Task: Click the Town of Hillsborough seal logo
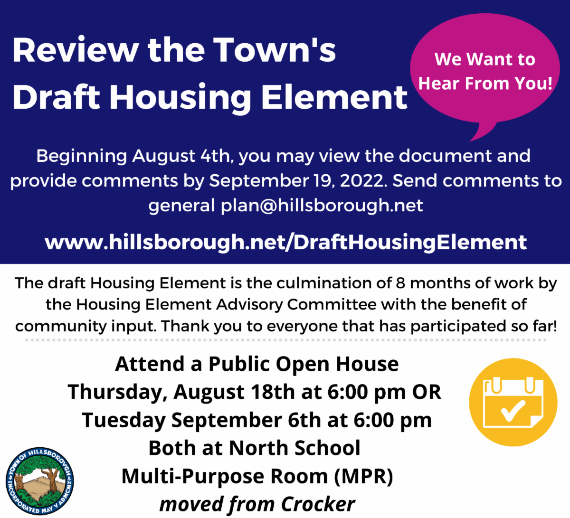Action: point(39,481)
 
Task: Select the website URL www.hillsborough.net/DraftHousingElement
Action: point(285,242)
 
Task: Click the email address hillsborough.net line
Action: point(285,206)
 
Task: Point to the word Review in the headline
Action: point(76,50)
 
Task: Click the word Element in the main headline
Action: point(334,97)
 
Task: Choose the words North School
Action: point(294,448)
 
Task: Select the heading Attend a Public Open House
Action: point(256,364)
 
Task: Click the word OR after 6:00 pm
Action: point(427,392)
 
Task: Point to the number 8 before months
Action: point(400,283)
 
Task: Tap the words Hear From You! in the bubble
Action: point(485,84)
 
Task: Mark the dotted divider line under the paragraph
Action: point(285,340)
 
